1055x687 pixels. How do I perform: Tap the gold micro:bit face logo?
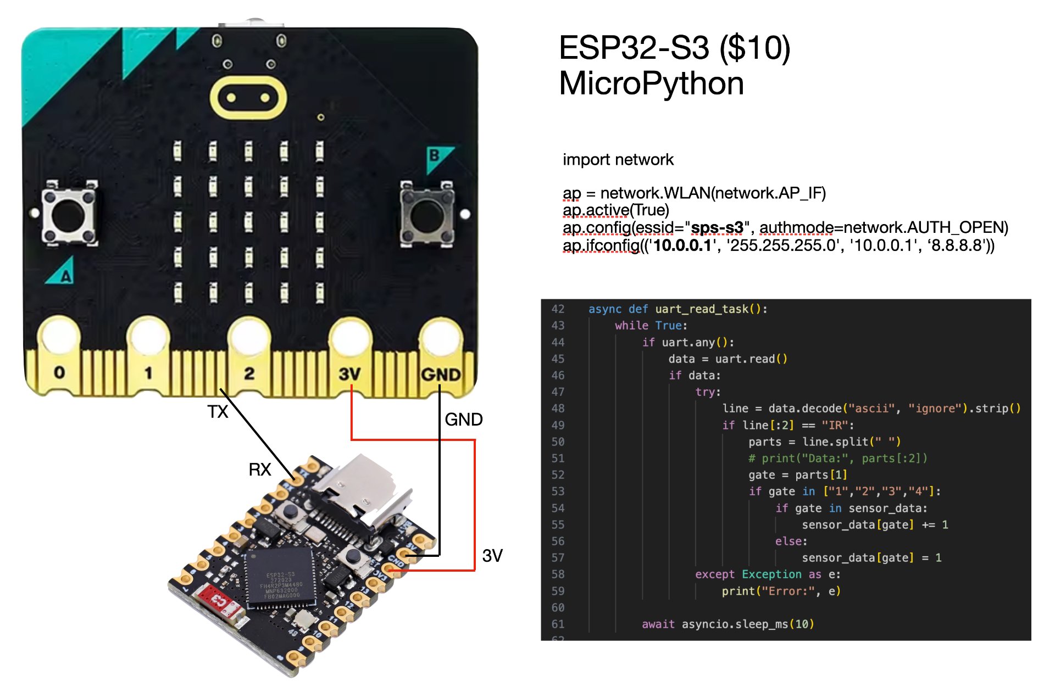[x=248, y=98]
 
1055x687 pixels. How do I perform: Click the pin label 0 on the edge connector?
[x=59, y=372]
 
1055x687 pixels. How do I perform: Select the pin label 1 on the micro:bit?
[x=148, y=373]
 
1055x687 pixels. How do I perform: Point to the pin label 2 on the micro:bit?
[x=249, y=373]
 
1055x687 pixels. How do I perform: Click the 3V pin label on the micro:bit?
[x=349, y=375]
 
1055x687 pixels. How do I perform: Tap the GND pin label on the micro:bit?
[x=441, y=375]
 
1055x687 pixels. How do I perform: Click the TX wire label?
[x=218, y=411]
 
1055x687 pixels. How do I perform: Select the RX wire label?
[x=260, y=470]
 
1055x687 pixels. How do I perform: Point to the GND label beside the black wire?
[x=464, y=420]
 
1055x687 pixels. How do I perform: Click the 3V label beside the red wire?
[x=492, y=556]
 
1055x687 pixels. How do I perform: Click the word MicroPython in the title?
[x=652, y=83]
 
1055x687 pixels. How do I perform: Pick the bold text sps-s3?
[x=717, y=227]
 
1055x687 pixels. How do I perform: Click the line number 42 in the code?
[x=558, y=309]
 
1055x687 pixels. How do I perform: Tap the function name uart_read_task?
[x=702, y=309]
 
